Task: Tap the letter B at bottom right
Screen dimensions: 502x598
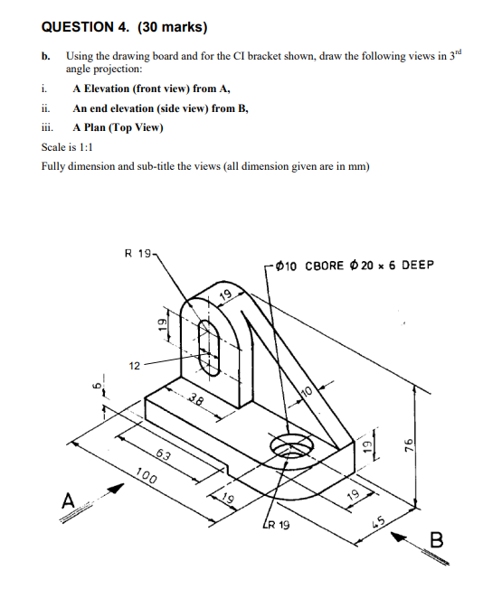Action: coord(437,541)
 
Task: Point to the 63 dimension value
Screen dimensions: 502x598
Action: coord(166,454)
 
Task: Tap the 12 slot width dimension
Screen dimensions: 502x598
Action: coord(134,366)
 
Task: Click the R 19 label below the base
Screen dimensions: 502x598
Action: coord(276,524)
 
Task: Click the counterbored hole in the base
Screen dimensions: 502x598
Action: coord(291,445)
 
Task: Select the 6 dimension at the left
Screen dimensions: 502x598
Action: coord(92,388)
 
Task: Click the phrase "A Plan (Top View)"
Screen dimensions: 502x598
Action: coord(118,127)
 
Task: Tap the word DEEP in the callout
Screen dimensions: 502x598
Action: coord(417,266)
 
